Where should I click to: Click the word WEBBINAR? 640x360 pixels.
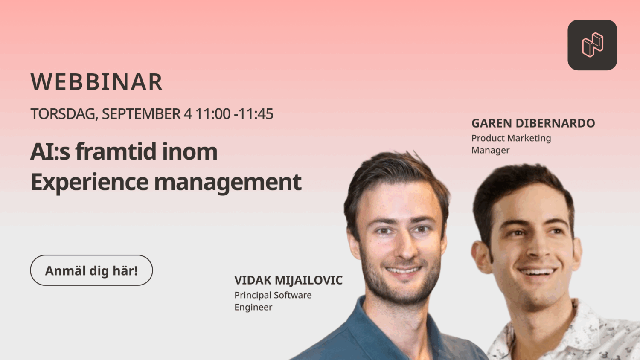(96, 82)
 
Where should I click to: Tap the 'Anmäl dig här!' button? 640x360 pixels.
(91, 270)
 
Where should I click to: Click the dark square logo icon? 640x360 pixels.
(592, 45)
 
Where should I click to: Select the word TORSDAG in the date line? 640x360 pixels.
(64, 114)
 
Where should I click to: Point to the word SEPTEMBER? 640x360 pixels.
(141, 114)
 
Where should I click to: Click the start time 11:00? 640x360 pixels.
(213, 114)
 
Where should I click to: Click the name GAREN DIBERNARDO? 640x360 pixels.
(533, 123)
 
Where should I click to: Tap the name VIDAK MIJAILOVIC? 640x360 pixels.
(288, 280)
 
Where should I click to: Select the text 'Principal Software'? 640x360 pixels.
(273, 295)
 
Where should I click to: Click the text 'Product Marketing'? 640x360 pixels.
(511, 138)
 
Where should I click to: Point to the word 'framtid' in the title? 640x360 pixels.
(116, 151)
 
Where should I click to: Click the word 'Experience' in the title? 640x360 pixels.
(90, 183)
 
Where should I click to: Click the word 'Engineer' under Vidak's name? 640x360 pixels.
(253, 308)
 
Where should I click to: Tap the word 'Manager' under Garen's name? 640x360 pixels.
(490, 151)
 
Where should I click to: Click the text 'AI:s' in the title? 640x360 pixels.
(50, 151)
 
